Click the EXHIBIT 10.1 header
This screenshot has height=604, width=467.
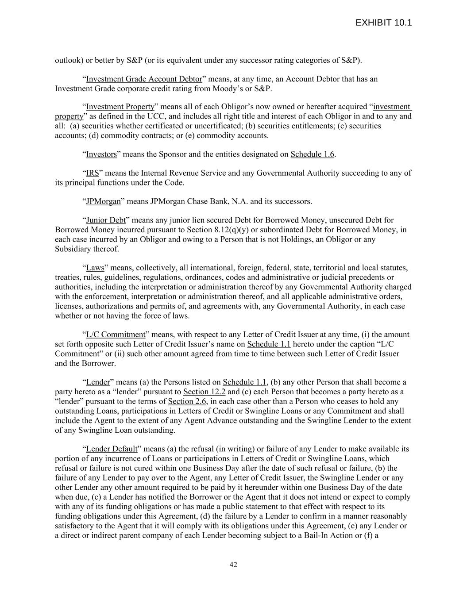point(383,23)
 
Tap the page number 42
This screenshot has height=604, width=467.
point(233,564)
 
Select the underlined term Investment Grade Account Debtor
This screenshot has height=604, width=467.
point(144,79)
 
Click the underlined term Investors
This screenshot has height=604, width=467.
point(101,154)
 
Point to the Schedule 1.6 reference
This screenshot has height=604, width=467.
point(312,154)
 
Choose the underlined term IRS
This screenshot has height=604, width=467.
point(93,173)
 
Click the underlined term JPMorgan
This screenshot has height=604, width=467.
point(103,201)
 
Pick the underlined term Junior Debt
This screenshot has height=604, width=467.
point(106,220)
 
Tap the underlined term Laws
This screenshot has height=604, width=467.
point(95,268)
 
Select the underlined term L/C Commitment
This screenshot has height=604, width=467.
point(116,335)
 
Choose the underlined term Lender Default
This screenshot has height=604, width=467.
point(112,449)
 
